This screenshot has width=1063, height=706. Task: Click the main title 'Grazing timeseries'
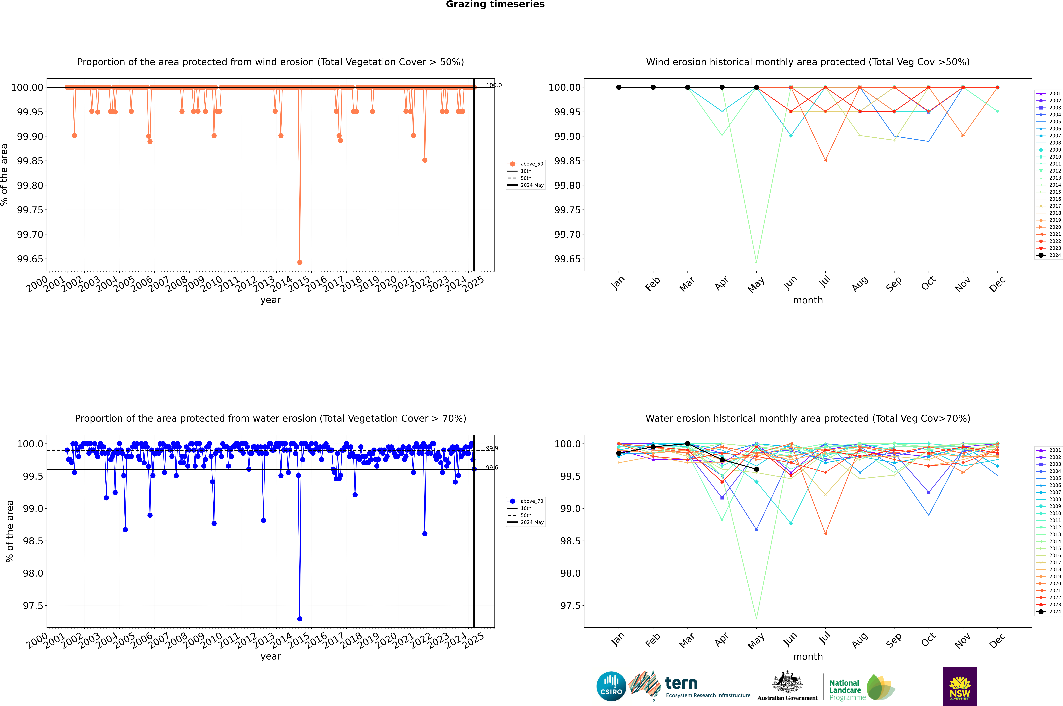(x=495, y=4)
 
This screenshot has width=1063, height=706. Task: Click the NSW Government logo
(x=960, y=686)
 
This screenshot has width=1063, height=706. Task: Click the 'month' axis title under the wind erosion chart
(x=807, y=300)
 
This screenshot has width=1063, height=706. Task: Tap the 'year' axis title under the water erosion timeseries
(x=270, y=656)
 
